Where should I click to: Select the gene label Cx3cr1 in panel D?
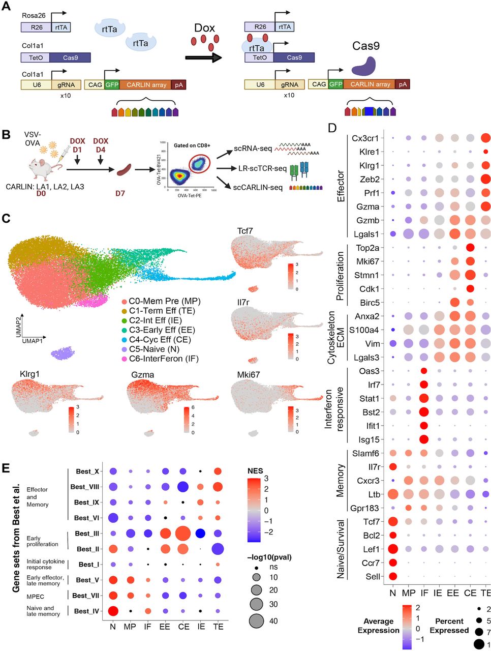[365, 138]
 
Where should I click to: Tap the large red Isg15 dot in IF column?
[423, 439]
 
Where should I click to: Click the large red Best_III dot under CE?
[183, 534]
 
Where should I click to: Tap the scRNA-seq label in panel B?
[253, 149]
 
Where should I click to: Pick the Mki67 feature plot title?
[249, 374]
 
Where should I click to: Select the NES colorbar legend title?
[255, 470]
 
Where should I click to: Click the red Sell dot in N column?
[392, 576]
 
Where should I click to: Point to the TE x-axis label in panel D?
[485, 593]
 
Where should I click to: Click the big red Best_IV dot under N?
[113, 611]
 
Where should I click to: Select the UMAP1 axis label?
[33, 341]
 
